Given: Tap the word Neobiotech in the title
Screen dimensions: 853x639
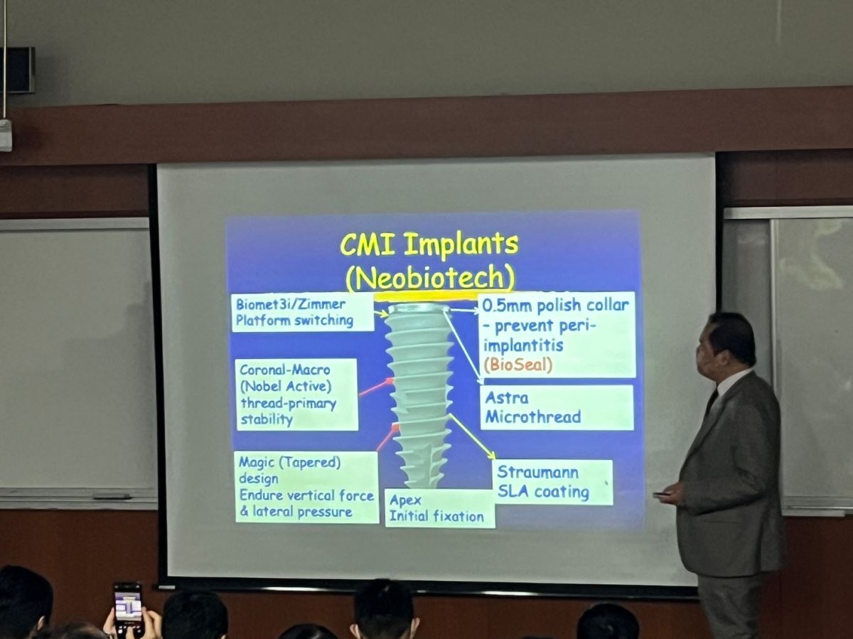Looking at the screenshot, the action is coord(430,277).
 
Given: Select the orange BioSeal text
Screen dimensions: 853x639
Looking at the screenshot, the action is coord(518,365).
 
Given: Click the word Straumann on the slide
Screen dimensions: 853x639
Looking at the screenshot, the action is coord(538,472).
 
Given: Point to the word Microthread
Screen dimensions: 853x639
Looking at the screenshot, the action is coord(533,417).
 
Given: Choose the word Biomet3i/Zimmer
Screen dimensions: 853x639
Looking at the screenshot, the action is coord(290,304).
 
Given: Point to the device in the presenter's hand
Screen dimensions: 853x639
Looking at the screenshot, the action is coord(662,495).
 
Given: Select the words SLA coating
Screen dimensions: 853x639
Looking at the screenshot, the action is coord(543,492).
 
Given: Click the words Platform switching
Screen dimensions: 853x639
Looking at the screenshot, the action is coord(294,321).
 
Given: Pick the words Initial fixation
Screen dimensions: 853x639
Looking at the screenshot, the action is coord(436,517).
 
